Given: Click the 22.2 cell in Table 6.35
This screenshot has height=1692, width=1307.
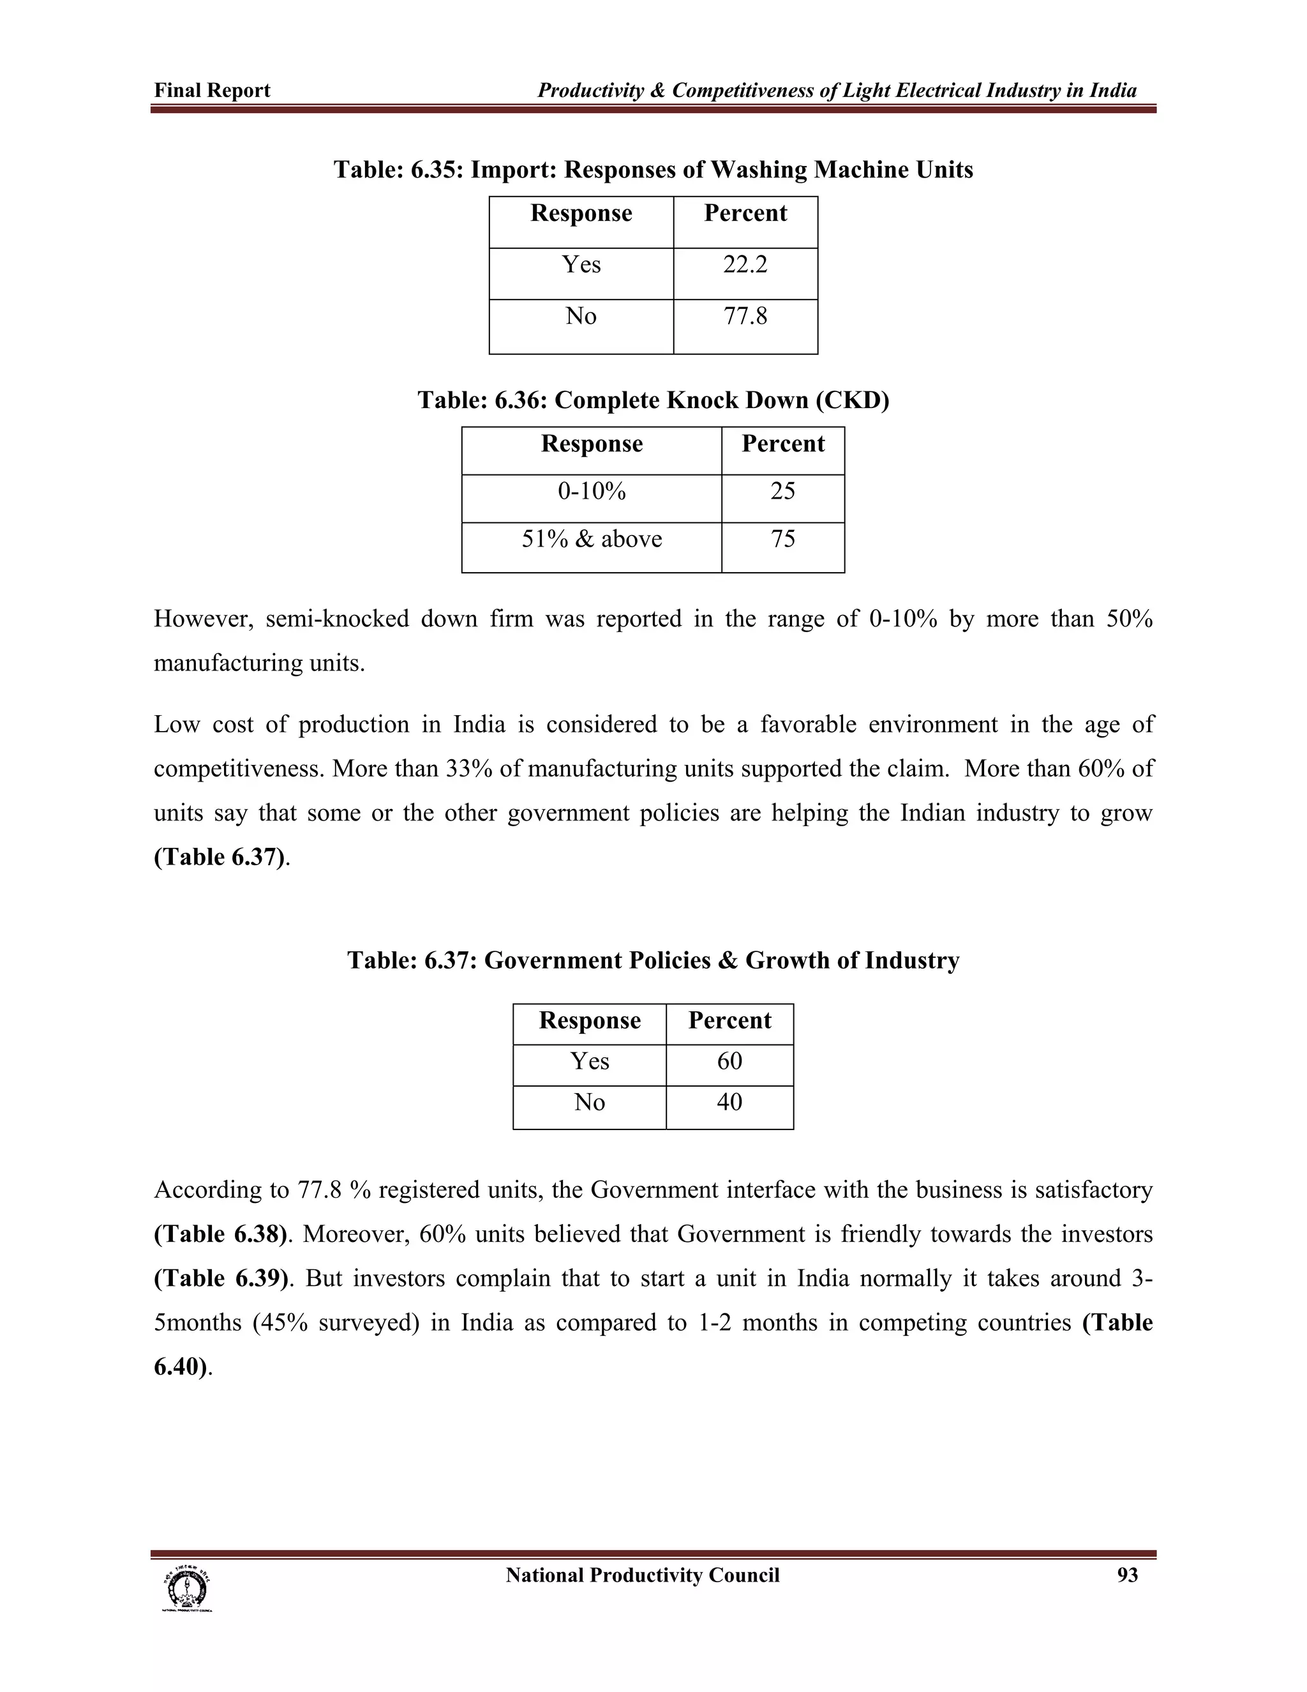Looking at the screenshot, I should tap(745, 265).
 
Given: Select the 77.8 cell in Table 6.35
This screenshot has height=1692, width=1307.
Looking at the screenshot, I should tap(745, 316).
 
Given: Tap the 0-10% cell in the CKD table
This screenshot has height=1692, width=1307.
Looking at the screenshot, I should tap(592, 491).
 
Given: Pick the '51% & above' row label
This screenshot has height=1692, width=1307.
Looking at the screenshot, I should tap(592, 540).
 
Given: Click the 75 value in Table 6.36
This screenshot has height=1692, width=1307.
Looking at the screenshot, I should tap(782, 540).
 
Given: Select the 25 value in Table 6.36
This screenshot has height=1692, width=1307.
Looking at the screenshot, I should tap(782, 491).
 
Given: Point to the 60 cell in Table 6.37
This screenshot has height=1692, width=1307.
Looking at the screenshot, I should tap(729, 1061).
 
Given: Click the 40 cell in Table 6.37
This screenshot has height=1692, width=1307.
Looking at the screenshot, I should tap(729, 1103).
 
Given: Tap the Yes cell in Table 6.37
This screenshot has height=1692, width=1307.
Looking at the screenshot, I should tap(589, 1061).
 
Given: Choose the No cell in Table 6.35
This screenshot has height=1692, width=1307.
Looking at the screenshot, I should tap(581, 316).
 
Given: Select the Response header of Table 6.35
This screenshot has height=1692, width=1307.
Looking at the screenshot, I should tap(581, 214).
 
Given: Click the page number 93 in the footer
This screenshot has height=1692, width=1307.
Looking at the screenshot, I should tap(1128, 1576).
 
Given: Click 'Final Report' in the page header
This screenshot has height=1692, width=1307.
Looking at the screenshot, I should tap(212, 91).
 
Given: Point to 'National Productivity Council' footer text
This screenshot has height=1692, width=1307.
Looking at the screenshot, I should tap(642, 1576).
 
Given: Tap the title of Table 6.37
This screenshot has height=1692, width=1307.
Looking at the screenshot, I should tap(653, 961).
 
